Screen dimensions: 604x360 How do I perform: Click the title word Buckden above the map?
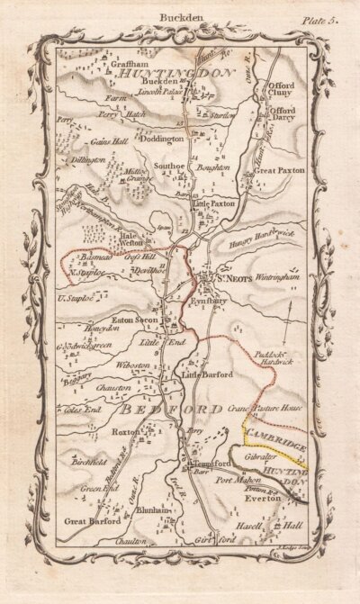(x=181, y=16)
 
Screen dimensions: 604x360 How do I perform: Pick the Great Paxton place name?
(x=278, y=169)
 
